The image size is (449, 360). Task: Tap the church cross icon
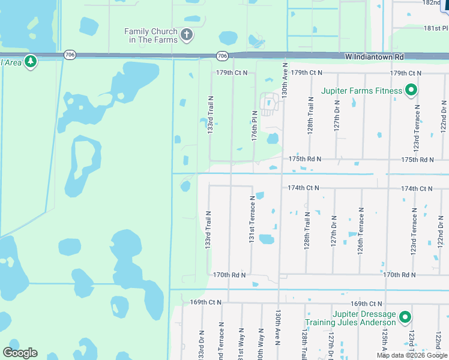tap(187, 34)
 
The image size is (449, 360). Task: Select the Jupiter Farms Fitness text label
tap(361, 91)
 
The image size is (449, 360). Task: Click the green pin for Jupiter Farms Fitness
tap(411, 91)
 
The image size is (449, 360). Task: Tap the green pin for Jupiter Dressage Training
tap(405, 317)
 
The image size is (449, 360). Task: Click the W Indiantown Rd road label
tap(375, 57)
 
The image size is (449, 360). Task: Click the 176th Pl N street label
tap(255, 127)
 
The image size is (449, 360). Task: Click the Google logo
tap(20, 352)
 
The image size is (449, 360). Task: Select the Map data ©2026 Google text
tap(412, 355)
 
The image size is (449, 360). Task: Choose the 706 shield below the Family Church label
tap(222, 56)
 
